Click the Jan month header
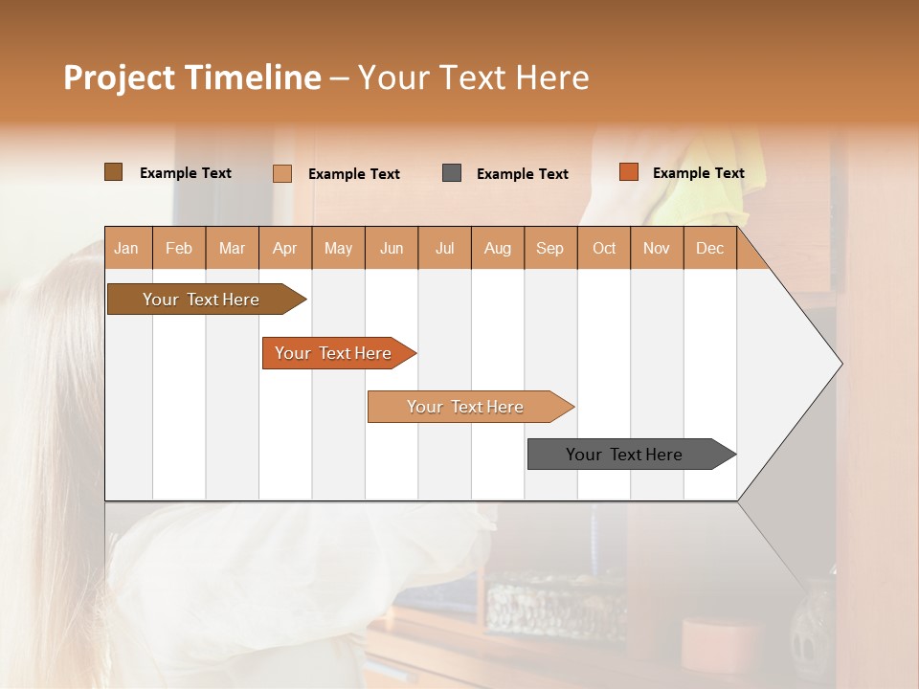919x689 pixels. (x=127, y=248)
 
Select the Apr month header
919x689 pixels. (x=285, y=248)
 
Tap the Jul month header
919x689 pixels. (x=444, y=248)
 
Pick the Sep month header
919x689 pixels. (x=550, y=248)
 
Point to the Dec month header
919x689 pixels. (x=709, y=248)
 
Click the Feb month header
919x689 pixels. (x=179, y=248)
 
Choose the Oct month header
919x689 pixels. (x=604, y=248)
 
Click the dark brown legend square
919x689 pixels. (x=113, y=172)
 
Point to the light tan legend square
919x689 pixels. (x=281, y=173)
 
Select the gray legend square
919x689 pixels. (x=452, y=173)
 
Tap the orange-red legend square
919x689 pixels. (x=628, y=172)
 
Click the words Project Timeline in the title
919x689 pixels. (x=192, y=78)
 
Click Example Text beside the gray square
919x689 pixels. (x=522, y=174)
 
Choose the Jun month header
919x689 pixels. (x=392, y=248)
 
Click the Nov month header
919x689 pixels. (x=657, y=248)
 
